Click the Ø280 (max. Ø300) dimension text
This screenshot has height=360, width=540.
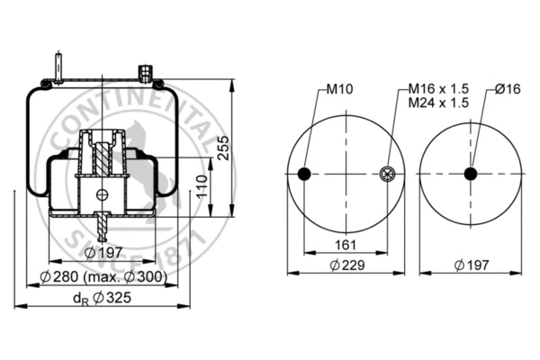pyautogui.click(x=106, y=276)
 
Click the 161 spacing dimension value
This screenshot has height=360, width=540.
pyautogui.click(x=346, y=245)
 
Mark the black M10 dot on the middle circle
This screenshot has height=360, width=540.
pyautogui.click(x=304, y=174)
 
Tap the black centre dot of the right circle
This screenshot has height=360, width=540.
pyautogui.click(x=470, y=174)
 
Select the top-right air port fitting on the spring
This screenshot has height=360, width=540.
pyautogui.click(x=145, y=71)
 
